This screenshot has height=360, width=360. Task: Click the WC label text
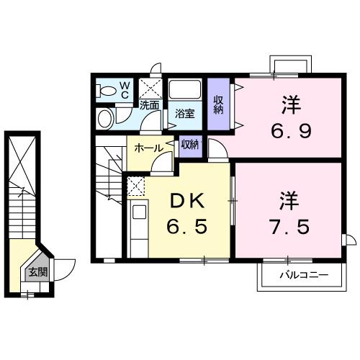[x=124, y=90]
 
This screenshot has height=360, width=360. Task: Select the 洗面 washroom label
[x=149, y=105]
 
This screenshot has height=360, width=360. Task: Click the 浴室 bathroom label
[x=184, y=113]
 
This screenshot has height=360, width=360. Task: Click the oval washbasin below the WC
[x=105, y=117]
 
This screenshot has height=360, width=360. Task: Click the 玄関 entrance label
[x=38, y=272]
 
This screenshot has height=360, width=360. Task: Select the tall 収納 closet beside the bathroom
[x=219, y=105]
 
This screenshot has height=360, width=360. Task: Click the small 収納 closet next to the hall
[x=190, y=144]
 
